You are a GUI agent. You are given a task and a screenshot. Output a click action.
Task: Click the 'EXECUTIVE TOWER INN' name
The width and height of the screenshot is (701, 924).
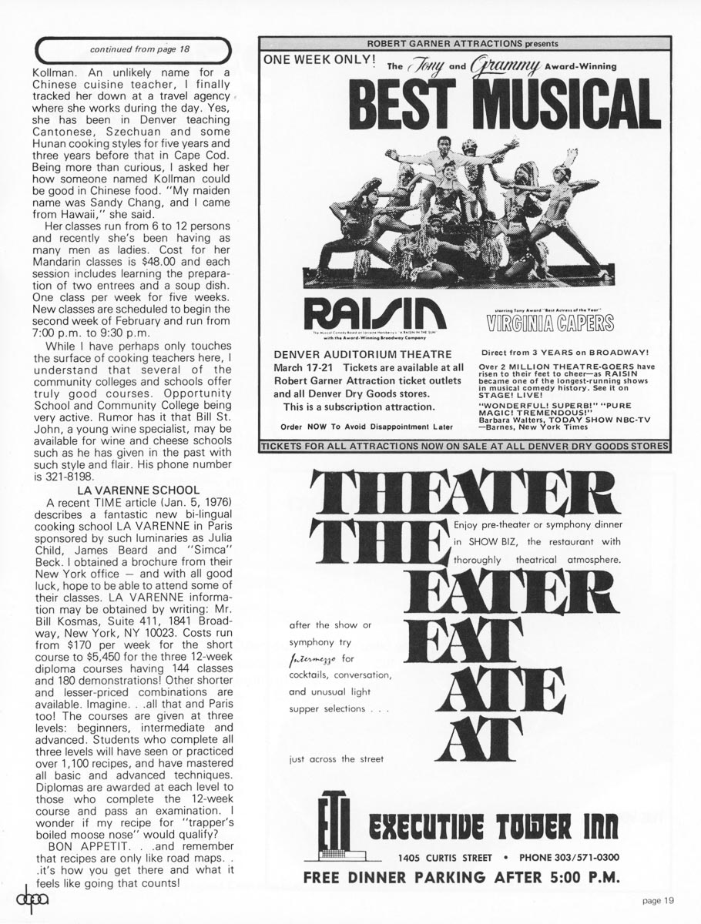pos(494,829)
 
